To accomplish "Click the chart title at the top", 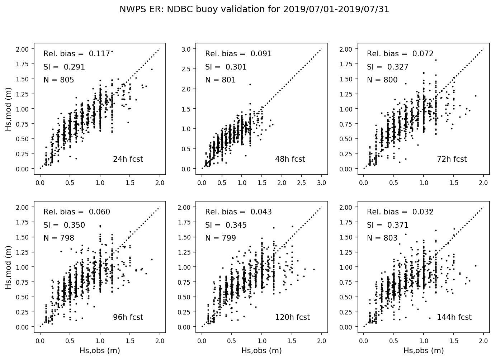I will pyautogui.click(x=254, y=10).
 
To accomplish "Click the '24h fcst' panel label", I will pyautogui.click(x=128, y=159).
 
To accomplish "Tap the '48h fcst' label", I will pyautogui.click(x=290, y=159).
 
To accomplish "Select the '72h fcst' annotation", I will pyautogui.click(x=452, y=159).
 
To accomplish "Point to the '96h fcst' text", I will pyautogui.click(x=128, y=317).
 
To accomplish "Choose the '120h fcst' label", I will pyautogui.click(x=292, y=317).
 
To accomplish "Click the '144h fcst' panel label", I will pyautogui.click(x=454, y=317).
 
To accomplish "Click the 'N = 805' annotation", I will pyautogui.click(x=59, y=80).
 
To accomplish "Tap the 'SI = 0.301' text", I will pyautogui.click(x=226, y=67).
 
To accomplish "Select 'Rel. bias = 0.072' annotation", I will pyautogui.click(x=400, y=54).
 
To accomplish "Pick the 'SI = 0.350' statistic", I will pyautogui.click(x=64, y=225).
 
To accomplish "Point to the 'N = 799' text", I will pyautogui.click(x=221, y=238).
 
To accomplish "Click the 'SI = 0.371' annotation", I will pyautogui.click(x=388, y=225).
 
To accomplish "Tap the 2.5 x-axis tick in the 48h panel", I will pyautogui.click(x=302, y=183).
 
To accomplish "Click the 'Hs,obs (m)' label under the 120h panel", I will pyautogui.click(x=261, y=351).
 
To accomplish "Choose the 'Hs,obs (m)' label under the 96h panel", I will pyautogui.click(x=100, y=351).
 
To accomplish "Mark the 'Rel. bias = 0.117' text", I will pyautogui.click(x=77, y=54).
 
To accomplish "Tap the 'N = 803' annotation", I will pyautogui.click(x=382, y=238).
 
